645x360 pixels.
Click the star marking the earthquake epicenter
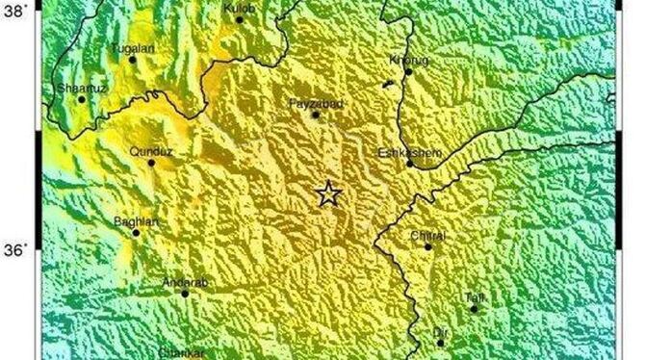[x=328, y=194]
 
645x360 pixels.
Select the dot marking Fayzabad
[x=315, y=116]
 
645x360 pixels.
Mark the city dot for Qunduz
[x=151, y=163]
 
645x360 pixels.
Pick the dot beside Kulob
[x=240, y=19]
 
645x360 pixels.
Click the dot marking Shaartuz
[x=82, y=99]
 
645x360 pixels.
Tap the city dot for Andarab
[x=186, y=293]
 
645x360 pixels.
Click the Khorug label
[x=405, y=60]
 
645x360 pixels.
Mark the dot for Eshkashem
[x=409, y=164]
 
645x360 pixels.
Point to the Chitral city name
[x=426, y=234]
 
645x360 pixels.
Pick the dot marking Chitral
[x=428, y=246]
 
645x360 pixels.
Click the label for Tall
[x=473, y=297]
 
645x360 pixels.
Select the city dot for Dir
[x=441, y=343]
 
